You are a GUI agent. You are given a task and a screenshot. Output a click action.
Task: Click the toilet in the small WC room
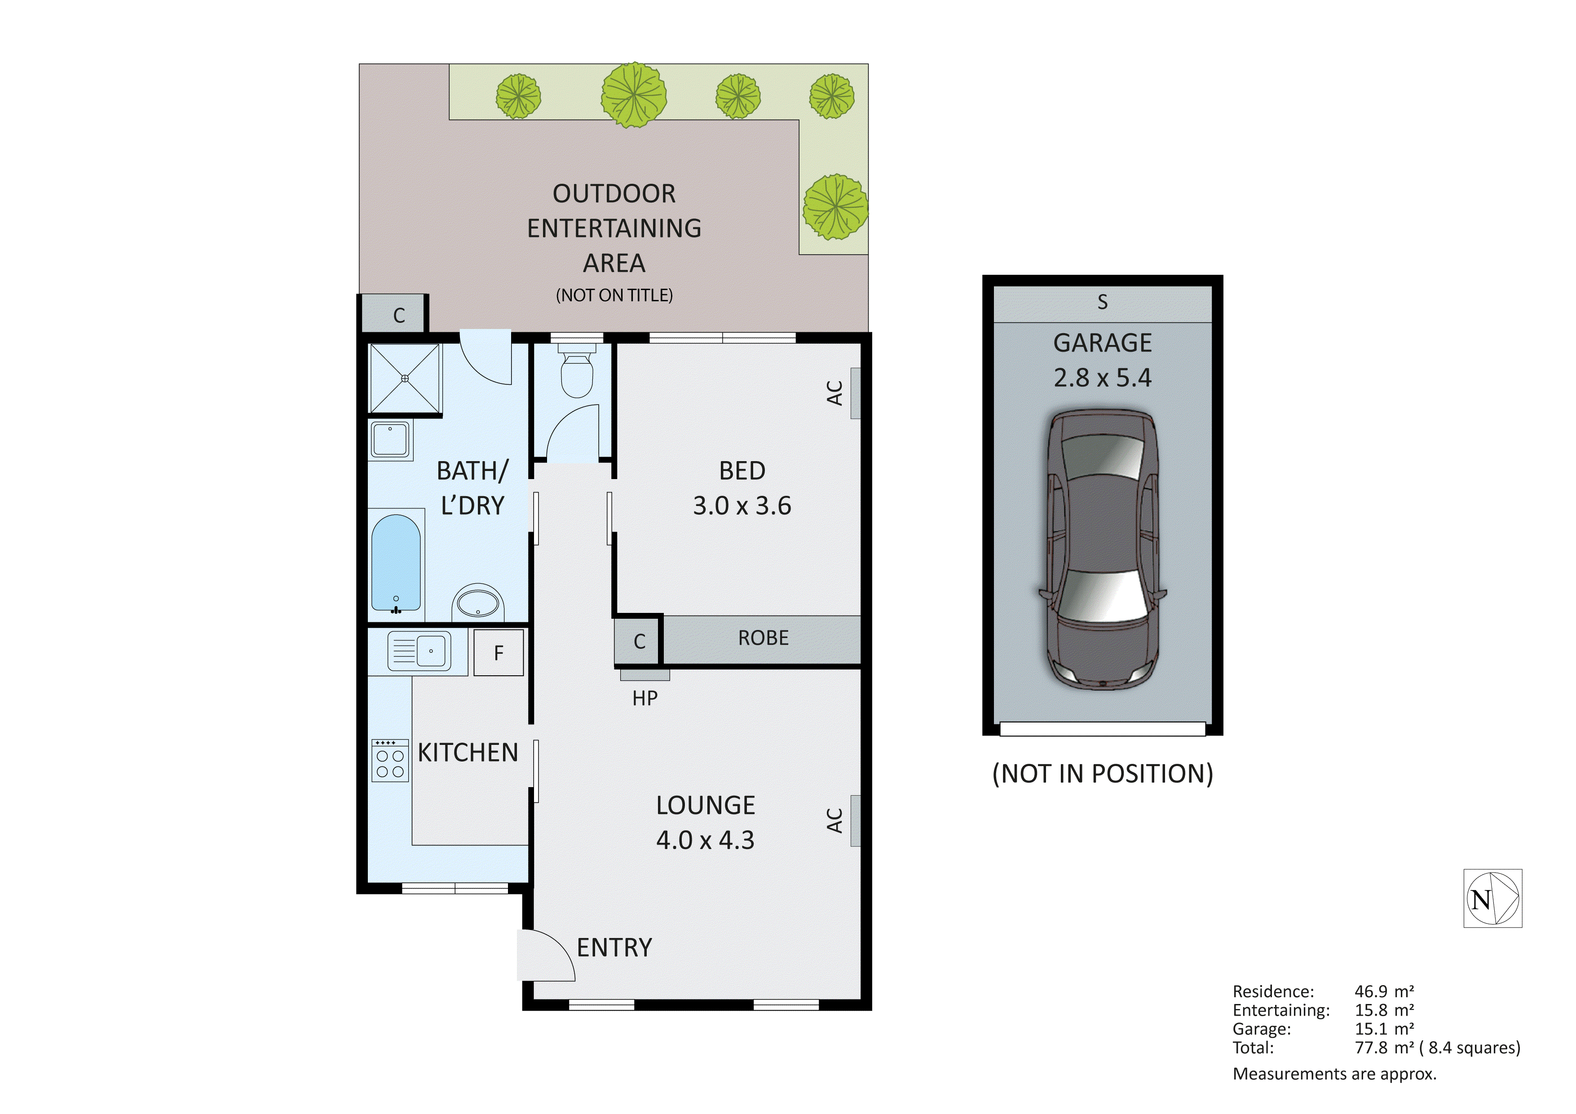coord(577,374)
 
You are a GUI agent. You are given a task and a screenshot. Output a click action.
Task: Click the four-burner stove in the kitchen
coord(390,761)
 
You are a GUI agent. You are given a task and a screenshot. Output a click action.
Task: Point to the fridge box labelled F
coord(499,653)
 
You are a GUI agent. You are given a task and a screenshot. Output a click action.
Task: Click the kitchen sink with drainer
coord(419,651)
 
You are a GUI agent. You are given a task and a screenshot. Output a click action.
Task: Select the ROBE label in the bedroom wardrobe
coord(763,638)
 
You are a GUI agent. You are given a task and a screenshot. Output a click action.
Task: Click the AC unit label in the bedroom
coord(834,393)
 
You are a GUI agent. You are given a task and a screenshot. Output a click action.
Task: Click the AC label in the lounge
coord(834,820)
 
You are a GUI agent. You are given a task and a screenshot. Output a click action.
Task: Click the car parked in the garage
coord(1102,549)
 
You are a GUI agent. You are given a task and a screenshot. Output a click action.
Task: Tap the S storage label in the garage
coord(1102,302)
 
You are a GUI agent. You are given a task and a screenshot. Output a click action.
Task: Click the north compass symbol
coord(1492,898)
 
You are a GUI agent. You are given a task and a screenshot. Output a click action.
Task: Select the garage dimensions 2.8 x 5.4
coord(1102,378)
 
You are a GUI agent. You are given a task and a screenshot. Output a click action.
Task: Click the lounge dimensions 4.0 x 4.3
coord(705,840)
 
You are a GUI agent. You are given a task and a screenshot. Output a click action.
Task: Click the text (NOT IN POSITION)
coord(1102,774)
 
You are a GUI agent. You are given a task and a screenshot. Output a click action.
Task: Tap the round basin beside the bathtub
coord(478,603)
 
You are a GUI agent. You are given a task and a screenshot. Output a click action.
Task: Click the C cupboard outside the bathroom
coord(399,315)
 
